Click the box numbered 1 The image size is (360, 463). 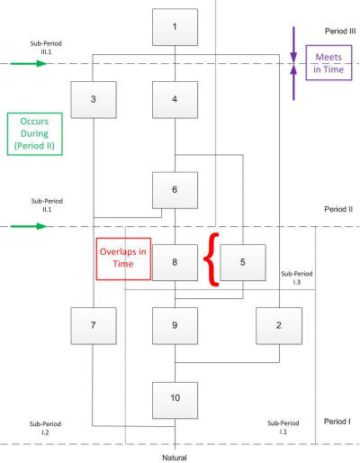175,27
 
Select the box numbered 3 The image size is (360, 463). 94,100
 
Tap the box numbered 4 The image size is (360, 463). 175,100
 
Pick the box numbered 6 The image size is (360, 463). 175,190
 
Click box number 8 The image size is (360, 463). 175,262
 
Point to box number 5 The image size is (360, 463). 243,262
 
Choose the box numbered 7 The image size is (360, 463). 94,325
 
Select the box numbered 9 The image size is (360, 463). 175,325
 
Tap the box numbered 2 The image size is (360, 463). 279,325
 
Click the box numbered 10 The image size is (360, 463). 175,400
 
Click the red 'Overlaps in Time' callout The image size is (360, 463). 123,259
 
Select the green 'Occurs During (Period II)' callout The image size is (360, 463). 35,134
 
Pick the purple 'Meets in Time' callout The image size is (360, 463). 328,63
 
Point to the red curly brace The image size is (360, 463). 211,259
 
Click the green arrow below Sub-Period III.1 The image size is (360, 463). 29,63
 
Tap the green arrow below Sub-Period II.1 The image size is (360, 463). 29,226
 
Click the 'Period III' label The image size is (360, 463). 340,32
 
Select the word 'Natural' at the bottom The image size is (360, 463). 175,458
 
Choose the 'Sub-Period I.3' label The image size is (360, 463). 297,277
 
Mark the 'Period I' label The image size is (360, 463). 337,422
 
